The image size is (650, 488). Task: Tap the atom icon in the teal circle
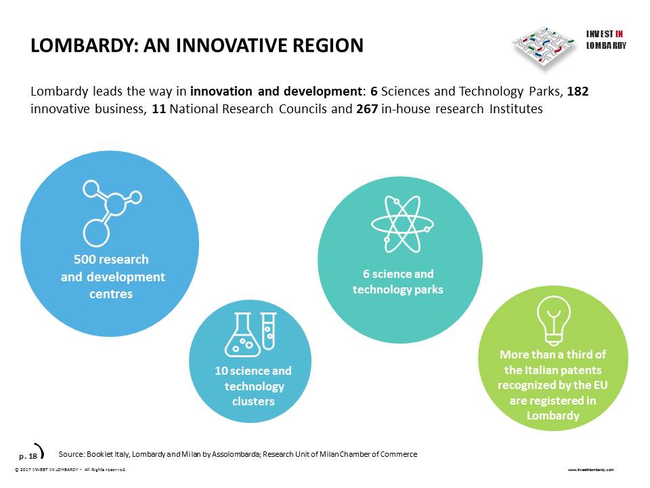point(402,224)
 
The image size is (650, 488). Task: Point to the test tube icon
point(269,331)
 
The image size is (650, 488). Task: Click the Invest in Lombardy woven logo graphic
point(544,47)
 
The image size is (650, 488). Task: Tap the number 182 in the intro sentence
point(578,91)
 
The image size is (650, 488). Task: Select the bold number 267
point(367,108)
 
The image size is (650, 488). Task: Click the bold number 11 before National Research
point(158,108)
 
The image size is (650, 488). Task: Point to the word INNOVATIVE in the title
point(232,45)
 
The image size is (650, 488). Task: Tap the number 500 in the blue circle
point(84,260)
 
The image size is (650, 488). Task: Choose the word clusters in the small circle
point(253,401)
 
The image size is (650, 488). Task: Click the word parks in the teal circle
point(429,289)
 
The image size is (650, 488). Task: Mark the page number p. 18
point(28,456)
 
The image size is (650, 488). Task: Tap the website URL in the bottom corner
point(590,470)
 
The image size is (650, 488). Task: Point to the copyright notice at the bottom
point(70,470)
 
